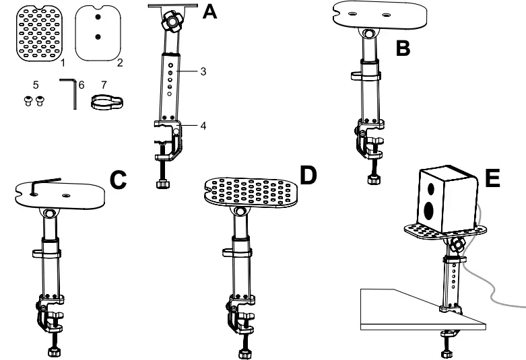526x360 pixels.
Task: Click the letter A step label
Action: tap(210, 13)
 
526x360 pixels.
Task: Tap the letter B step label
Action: tap(403, 50)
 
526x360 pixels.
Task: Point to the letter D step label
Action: tap(308, 176)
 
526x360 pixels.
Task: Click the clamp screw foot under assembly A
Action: tap(162, 184)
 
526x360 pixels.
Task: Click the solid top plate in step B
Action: tap(372, 16)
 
